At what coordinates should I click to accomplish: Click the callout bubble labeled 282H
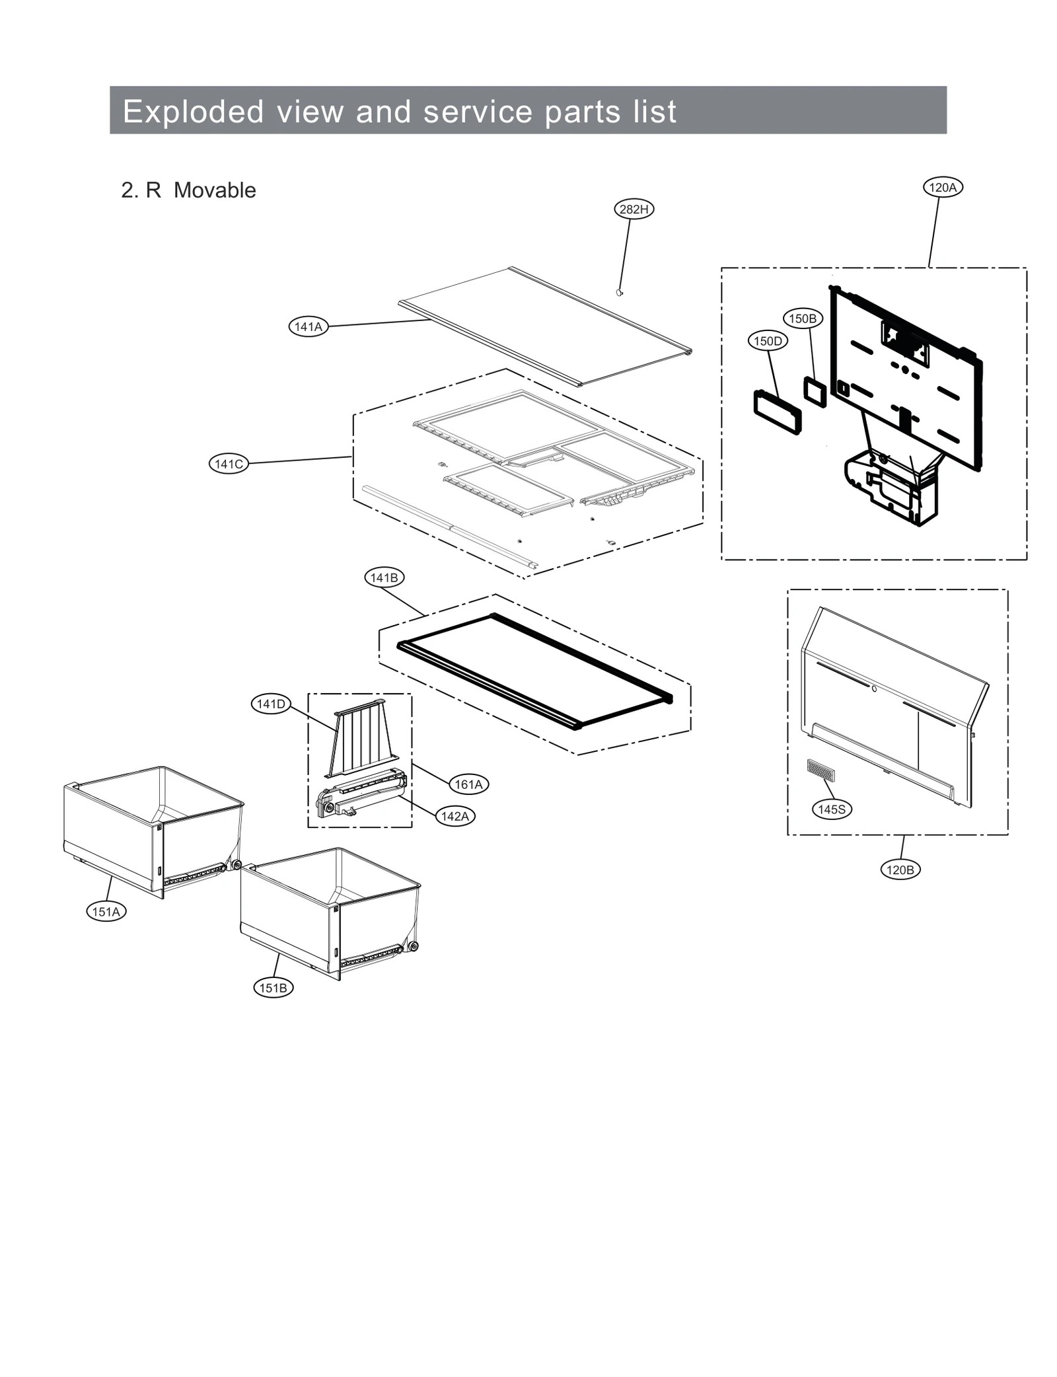click(634, 209)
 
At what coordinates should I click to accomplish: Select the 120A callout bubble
click(942, 188)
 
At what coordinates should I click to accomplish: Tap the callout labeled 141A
click(308, 326)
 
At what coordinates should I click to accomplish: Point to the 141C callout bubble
click(229, 464)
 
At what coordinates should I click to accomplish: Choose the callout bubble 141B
click(384, 577)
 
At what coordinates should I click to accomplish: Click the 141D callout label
click(271, 704)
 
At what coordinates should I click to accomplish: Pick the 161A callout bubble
click(468, 784)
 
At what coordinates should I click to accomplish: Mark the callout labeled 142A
click(455, 816)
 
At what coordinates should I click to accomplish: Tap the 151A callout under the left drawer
click(106, 912)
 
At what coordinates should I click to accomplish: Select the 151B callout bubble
click(273, 988)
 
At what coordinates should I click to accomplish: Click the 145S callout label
click(831, 809)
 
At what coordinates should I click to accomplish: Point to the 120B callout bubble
click(900, 870)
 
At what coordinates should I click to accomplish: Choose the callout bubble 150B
click(803, 318)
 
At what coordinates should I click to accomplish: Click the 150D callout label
click(768, 341)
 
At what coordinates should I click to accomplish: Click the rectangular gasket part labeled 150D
click(777, 412)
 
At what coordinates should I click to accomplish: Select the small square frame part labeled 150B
click(815, 392)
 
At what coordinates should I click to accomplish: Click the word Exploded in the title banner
click(193, 111)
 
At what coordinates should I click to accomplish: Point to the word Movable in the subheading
click(215, 190)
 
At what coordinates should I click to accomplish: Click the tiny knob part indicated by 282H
click(619, 291)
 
